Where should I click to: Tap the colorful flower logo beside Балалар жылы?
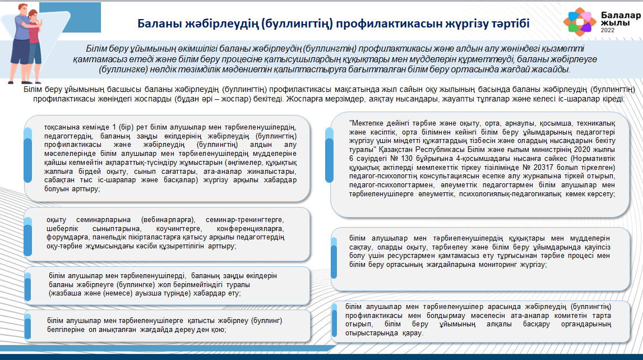[x=580, y=21]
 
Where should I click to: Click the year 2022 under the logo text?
[x=608, y=30]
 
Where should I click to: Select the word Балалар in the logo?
[x=621, y=15]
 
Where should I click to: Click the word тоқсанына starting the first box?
[x=63, y=127]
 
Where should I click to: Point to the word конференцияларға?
[x=250, y=229]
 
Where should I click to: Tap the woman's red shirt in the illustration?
[x=34, y=34]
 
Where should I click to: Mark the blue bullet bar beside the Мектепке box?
[x=329, y=155]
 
